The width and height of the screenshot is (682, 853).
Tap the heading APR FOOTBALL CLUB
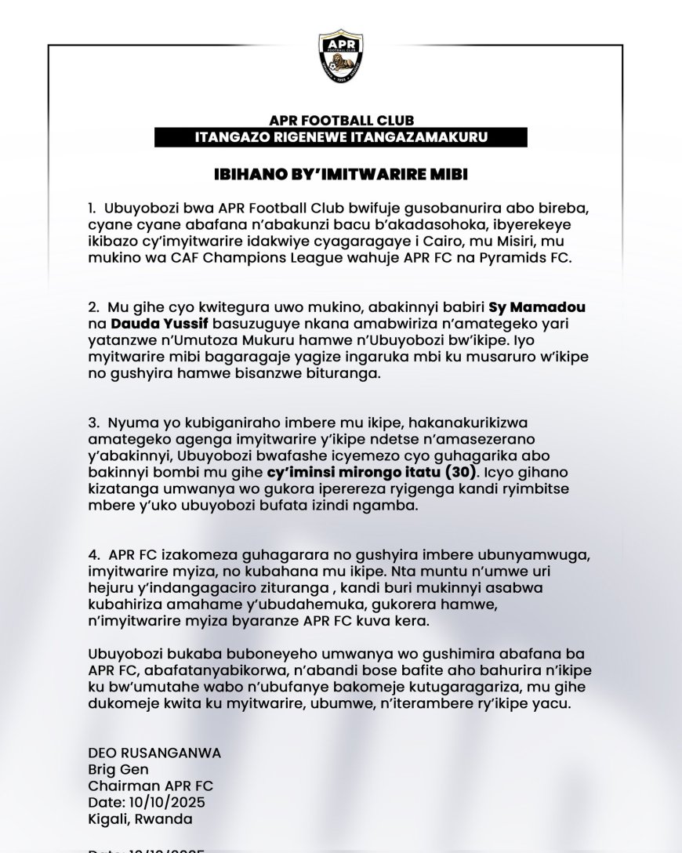click(340, 122)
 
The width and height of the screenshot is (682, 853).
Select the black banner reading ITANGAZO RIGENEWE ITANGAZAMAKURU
click(340, 138)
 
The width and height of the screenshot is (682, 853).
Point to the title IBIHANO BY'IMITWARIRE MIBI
click(340, 174)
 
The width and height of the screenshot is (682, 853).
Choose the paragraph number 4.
click(92, 554)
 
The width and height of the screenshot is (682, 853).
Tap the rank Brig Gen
click(115, 770)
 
